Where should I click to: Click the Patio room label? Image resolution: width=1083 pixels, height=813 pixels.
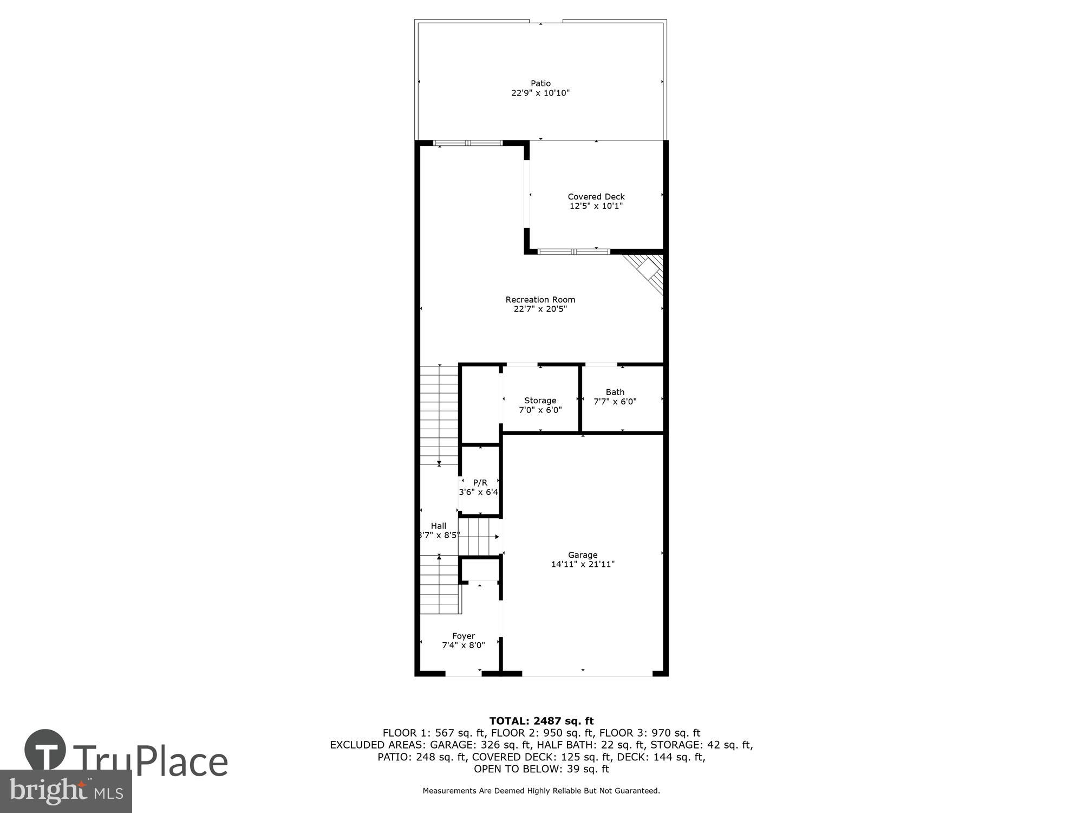[x=540, y=83]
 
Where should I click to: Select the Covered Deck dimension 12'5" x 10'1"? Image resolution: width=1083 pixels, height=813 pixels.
[x=596, y=206]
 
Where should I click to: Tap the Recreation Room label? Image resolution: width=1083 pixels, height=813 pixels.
[x=540, y=300]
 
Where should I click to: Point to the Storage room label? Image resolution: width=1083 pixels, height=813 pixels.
[x=540, y=401]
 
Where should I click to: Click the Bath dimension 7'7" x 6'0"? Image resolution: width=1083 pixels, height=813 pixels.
[x=615, y=402]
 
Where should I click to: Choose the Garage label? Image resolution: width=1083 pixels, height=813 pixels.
[x=583, y=554]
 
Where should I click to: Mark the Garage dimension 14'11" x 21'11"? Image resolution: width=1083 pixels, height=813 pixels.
[x=583, y=564]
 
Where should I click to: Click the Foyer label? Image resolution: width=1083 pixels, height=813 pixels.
[x=464, y=636]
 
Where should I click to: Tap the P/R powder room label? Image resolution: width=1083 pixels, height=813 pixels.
[x=480, y=482]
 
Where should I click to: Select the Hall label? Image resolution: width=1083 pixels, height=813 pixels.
[x=439, y=526]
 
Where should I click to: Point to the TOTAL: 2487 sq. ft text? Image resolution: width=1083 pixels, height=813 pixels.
[x=541, y=721]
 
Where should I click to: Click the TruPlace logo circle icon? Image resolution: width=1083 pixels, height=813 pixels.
[x=45, y=750]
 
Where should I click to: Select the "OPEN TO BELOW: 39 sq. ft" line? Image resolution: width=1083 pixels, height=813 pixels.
[x=541, y=769]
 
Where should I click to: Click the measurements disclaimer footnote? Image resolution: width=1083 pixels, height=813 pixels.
[x=541, y=791]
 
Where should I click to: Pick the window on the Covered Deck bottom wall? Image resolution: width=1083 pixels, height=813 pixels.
[x=574, y=251]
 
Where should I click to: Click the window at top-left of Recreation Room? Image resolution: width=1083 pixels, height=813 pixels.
[x=468, y=143]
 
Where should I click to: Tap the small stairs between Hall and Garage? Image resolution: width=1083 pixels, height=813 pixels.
[x=479, y=537]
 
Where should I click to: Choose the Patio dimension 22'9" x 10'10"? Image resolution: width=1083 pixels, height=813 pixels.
[x=540, y=93]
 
